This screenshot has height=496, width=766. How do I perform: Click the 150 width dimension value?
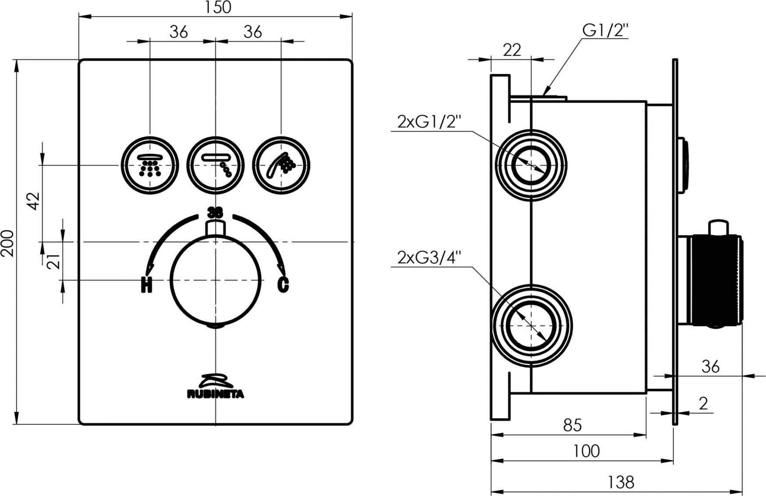click(218, 7)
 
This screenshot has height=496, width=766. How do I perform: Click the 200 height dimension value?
click(8, 243)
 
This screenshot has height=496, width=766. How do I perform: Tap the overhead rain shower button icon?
click(150, 165)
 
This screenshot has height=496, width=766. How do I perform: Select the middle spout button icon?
click(215, 165)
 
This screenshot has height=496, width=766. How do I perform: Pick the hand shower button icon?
click(281, 165)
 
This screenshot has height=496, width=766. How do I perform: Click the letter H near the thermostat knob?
click(146, 285)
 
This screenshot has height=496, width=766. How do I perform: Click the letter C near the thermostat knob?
click(283, 285)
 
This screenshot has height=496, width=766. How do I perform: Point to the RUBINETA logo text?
click(216, 394)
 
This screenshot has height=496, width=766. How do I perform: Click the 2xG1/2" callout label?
click(430, 121)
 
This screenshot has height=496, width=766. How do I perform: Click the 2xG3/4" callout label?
click(430, 258)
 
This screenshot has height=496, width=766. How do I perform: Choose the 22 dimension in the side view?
click(512, 50)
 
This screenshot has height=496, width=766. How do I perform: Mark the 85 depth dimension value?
click(572, 425)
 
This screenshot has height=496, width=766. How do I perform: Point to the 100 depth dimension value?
click(586, 450)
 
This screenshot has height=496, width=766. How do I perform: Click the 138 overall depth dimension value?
click(621, 482)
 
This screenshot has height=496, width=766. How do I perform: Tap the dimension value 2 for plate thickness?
click(703, 403)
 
